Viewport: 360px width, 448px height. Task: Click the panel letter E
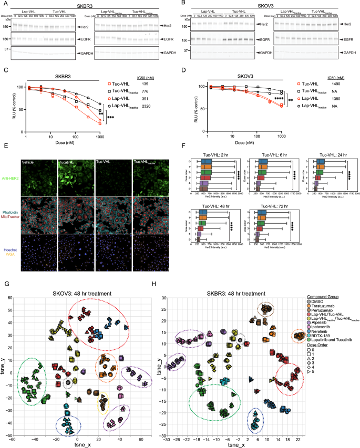pos(4,149)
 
